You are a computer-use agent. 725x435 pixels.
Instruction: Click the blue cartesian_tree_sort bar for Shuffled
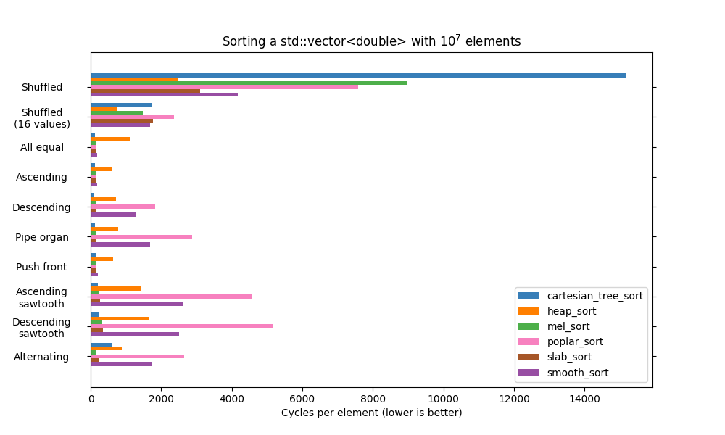pyautogui.click(x=358, y=75)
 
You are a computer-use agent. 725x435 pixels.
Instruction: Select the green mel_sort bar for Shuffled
pyautogui.click(x=249, y=83)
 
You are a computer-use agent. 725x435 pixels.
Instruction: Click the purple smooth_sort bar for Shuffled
pyautogui.click(x=164, y=94)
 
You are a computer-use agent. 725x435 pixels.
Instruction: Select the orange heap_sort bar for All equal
pyautogui.click(x=110, y=138)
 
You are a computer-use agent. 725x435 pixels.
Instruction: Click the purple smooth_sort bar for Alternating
pyautogui.click(x=121, y=364)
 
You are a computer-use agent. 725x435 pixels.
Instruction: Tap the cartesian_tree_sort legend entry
pyautogui.click(x=594, y=296)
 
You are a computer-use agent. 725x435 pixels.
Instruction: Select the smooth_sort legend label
pyautogui.click(x=577, y=373)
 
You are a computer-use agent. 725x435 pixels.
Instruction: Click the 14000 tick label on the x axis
pyautogui.click(x=584, y=398)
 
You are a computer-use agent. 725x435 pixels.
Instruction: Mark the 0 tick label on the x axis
pyautogui.click(x=91, y=398)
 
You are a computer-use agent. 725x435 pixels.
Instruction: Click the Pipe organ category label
pyautogui.click(x=42, y=237)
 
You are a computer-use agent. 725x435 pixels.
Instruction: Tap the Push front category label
pyautogui.click(x=41, y=267)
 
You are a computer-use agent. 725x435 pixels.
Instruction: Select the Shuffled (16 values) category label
pyautogui.click(x=42, y=118)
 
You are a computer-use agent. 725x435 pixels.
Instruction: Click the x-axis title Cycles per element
pyautogui.click(x=371, y=413)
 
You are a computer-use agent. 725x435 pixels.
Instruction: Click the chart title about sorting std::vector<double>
pyautogui.click(x=371, y=41)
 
